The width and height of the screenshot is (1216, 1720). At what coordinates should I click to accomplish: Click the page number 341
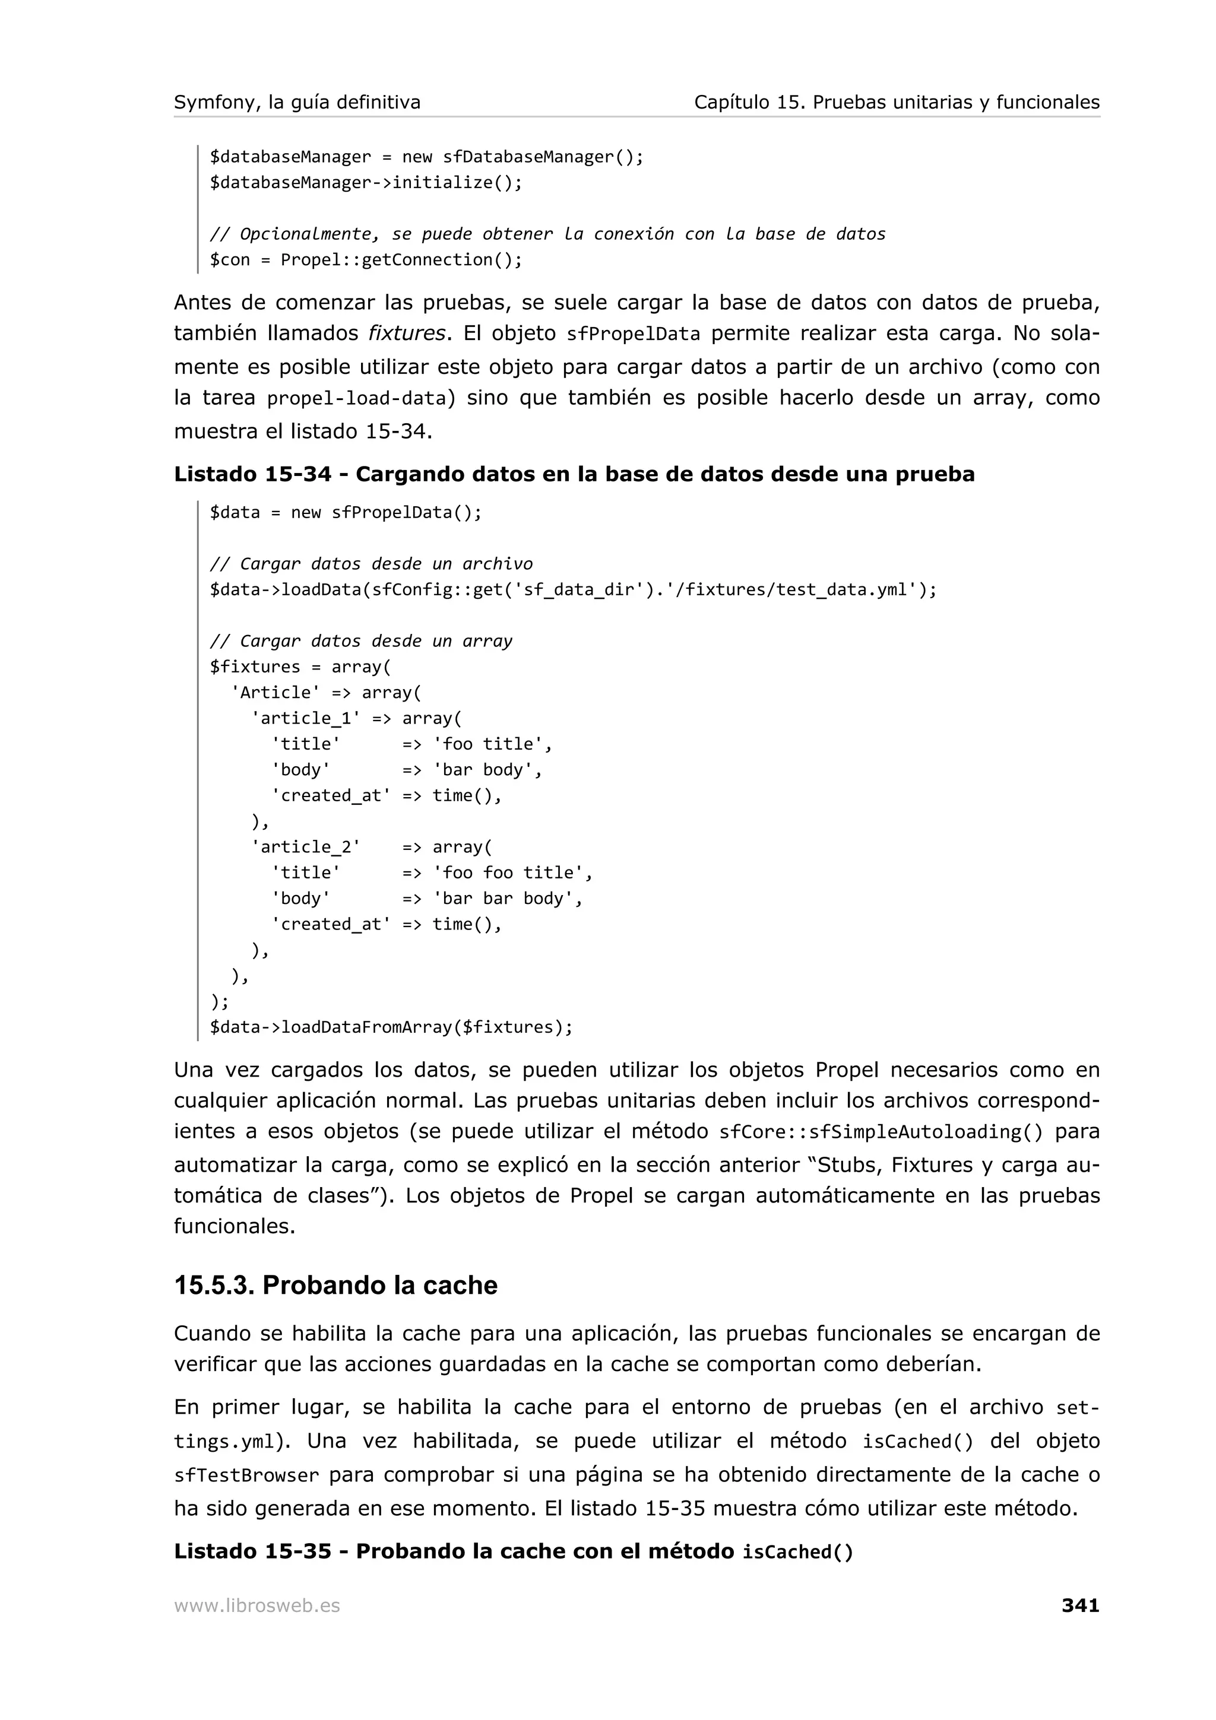coord(1079,1605)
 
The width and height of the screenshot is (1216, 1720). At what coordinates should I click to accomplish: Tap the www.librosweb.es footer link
coord(256,1605)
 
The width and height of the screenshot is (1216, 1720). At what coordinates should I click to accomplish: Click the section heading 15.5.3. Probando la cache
coord(335,1285)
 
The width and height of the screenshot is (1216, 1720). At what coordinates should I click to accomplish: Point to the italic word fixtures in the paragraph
coord(407,332)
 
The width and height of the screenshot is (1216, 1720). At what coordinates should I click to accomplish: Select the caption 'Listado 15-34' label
coord(252,474)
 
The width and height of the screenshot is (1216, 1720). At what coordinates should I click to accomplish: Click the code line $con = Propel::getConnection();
coord(366,260)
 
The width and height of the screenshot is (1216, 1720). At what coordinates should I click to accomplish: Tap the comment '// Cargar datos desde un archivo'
coord(371,563)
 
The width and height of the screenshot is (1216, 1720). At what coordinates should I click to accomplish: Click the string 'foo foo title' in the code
coord(512,872)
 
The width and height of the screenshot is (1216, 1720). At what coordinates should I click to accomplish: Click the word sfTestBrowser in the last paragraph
coord(246,1476)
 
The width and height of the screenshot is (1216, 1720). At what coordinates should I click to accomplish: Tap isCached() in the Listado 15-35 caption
coord(797,1552)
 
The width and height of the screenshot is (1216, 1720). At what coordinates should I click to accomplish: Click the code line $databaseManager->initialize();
coord(366,183)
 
